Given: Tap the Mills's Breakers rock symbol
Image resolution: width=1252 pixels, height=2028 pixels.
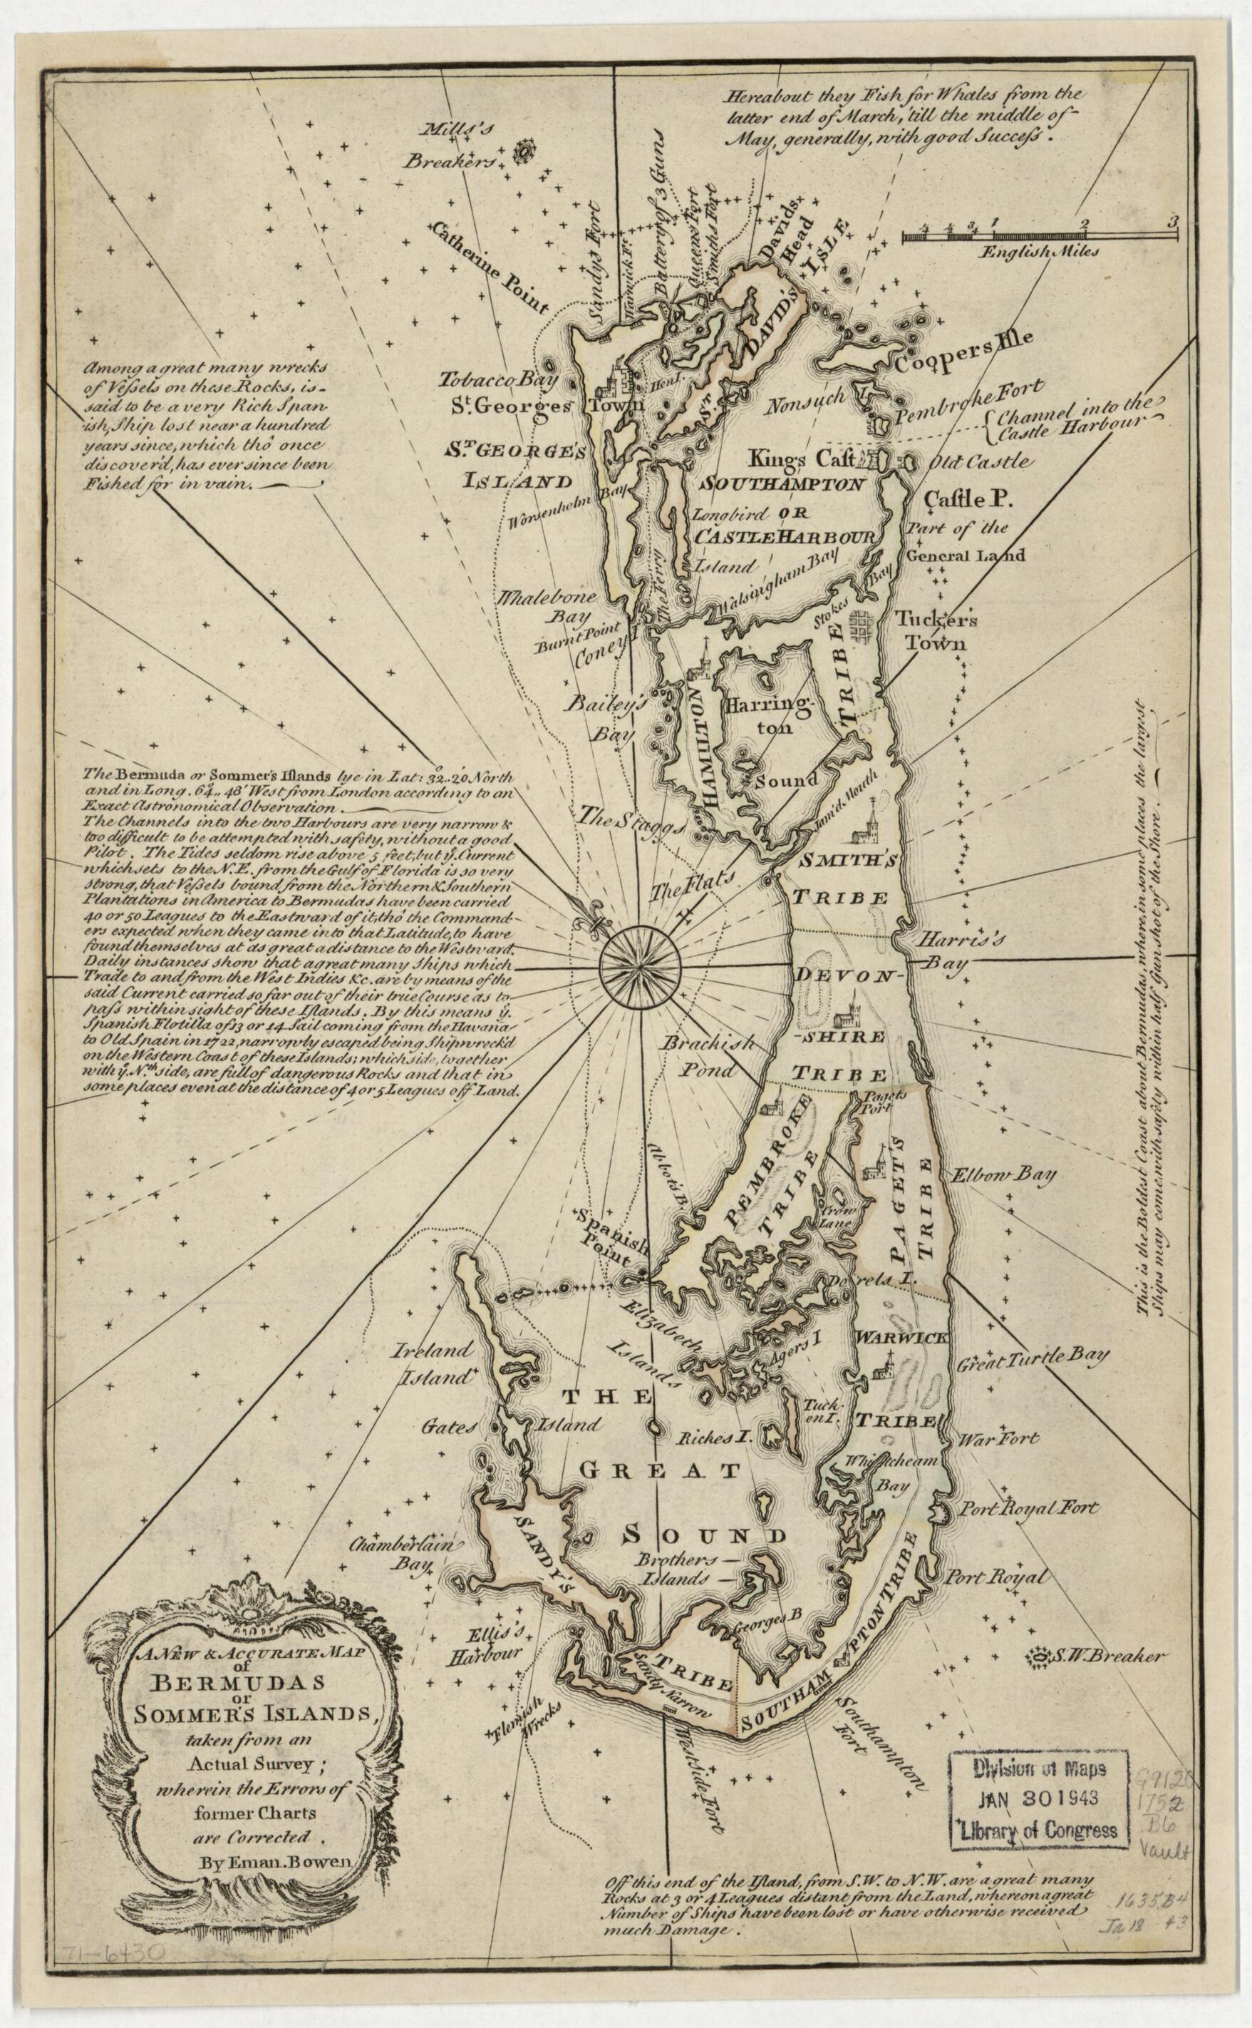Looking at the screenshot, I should pyautogui.click(x=522, y=152).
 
